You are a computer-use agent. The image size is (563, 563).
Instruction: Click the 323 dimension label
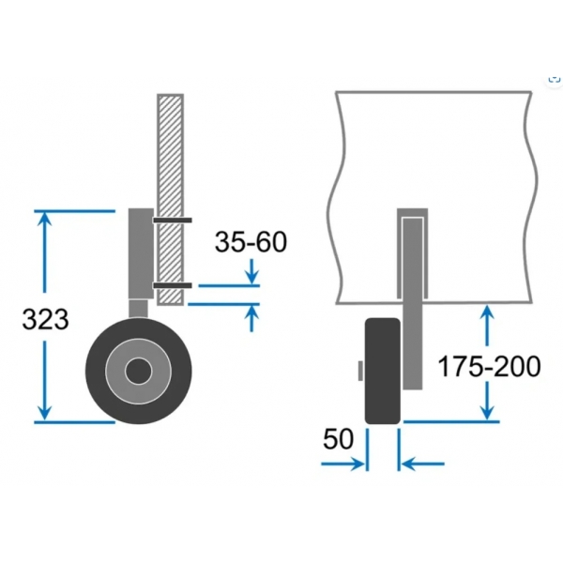[x=45, y=319]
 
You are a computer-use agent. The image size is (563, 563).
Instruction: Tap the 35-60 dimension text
[x=251, y=242]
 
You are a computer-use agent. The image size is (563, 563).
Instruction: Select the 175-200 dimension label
[x=489, y=366]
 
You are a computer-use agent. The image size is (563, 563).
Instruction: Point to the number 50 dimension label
[x=338, y=439]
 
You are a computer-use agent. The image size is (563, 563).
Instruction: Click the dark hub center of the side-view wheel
[x=138, y=371]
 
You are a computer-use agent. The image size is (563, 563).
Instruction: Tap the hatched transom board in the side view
[x=170, y=200]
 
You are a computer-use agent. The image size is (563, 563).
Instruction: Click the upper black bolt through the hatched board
[x=173, y=221]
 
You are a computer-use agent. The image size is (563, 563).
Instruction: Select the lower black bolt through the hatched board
[x=173, y=286]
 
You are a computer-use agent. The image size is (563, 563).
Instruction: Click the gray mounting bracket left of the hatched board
[x=141, y=253]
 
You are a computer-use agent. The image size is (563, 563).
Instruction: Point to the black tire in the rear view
[x=383, y=371]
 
